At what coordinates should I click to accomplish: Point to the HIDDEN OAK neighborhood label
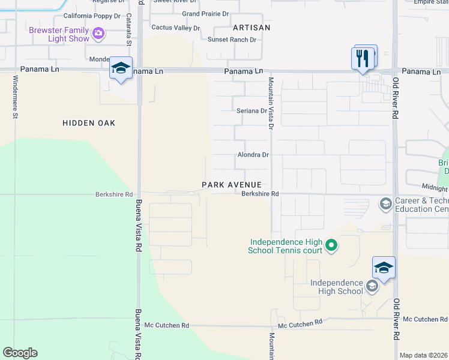[x=89, y=123]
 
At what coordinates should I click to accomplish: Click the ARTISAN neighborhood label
[x=252, y=28]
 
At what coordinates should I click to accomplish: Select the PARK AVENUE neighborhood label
[x=232, y=184]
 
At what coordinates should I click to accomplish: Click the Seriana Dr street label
[x=251, y=111]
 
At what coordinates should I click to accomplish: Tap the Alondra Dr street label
[x=252, y=155]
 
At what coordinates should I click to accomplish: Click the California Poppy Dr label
[x=88, y=16]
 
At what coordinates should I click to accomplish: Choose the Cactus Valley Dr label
[x=176, y=28]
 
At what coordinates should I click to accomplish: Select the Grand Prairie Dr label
[x=205, y=13]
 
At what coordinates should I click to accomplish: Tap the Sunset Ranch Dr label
[x=232, y=40]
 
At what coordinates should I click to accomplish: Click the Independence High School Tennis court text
[x=286, y=246]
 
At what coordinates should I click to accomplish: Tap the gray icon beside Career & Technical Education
[x=385, y=205]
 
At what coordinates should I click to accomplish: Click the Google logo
[x=20, y=353]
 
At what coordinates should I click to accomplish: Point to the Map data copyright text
[x=424, y=355]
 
